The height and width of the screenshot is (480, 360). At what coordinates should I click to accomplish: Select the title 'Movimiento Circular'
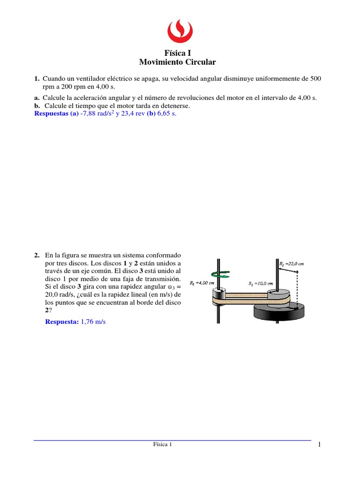[178, 62]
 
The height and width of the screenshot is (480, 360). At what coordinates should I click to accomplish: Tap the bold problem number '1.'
[37, 79]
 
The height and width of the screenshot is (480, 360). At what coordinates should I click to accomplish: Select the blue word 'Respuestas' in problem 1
[52, 114]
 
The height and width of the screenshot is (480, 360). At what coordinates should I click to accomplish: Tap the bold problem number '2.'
[37, 255]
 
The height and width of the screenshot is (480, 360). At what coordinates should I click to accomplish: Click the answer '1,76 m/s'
[93, 322]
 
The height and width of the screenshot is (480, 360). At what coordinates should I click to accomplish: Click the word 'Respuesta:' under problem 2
[62, 322]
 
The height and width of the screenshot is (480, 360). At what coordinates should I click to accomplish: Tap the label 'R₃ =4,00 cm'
[202, 283]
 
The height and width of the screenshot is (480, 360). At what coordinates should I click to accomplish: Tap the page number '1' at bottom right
[319, 445]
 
